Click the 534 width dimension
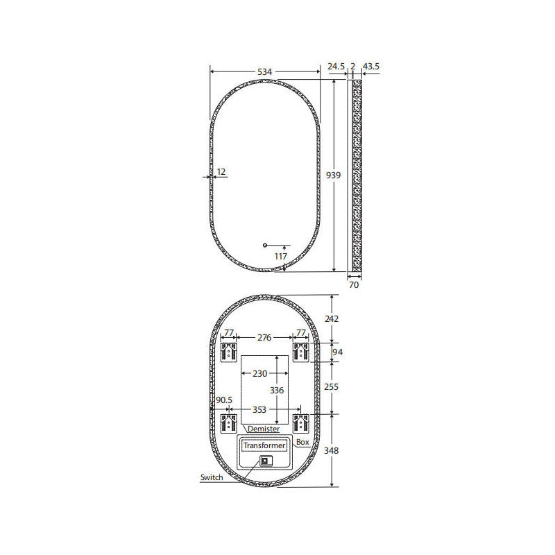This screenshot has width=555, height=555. click(x=264, y=72)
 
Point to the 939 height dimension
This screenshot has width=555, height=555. click(x=333, y=175)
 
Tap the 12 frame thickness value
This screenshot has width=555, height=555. click(x=221, y=172)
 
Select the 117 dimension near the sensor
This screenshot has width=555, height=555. click(x=281, y=256)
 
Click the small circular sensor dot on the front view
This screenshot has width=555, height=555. click(x=265, y=246)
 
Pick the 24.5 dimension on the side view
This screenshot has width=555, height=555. click(x=336, y=66)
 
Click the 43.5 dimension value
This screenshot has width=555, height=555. click(x=371, y=66)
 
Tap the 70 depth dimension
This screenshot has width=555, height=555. click(x=354, y=285)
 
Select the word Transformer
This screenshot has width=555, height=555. click(x=264, y=445)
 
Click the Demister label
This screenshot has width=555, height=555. click(x=264, y=429)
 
